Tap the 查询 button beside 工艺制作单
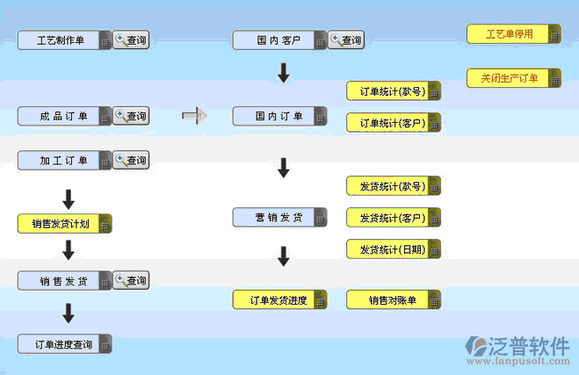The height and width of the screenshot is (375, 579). [x=131, y=40]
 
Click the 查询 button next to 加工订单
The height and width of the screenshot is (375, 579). [x=131, y=161]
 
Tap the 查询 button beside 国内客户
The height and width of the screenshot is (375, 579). [x=346, y=40]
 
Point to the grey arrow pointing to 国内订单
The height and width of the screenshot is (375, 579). [x=193, y=115]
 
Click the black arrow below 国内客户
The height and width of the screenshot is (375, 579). [x=283, y=74]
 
